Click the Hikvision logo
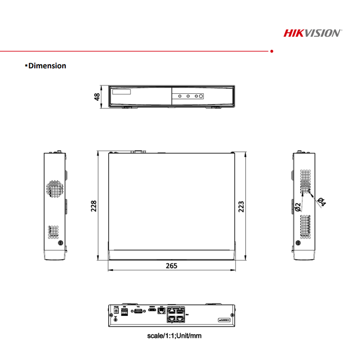pos(312,33)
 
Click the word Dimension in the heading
pos(47,66)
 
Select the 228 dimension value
pos(94,206)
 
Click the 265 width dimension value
pos(172,266)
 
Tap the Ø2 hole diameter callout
pos(298,207)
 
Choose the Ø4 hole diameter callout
pos(322,202)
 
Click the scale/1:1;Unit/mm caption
pos(174,335)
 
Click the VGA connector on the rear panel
pos(138,311)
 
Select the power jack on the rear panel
pos(116,311)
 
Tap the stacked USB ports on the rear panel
pos(124,312)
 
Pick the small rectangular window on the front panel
pos(121,92)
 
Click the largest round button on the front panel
pos(201,96)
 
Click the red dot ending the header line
pos(272,51)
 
